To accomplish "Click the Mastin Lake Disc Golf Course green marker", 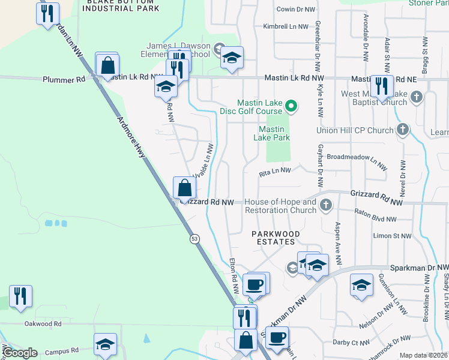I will click(x=291, y=107).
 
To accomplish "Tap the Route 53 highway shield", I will click(x=194, y=239).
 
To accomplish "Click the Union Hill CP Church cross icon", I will click(x=403, y=130).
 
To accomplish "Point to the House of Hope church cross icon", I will click(x=326, y=206).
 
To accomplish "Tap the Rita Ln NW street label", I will click(x=274, y=171).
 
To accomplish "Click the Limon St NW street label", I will click(x=393, y=237).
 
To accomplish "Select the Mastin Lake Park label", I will click(x=274, y=133).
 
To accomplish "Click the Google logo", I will click(x=20, y=352).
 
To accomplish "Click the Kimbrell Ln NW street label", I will click(x=289, y=26).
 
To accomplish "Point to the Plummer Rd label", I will click(x=63, y=79).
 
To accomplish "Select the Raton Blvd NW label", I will click(x=376, y=212).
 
